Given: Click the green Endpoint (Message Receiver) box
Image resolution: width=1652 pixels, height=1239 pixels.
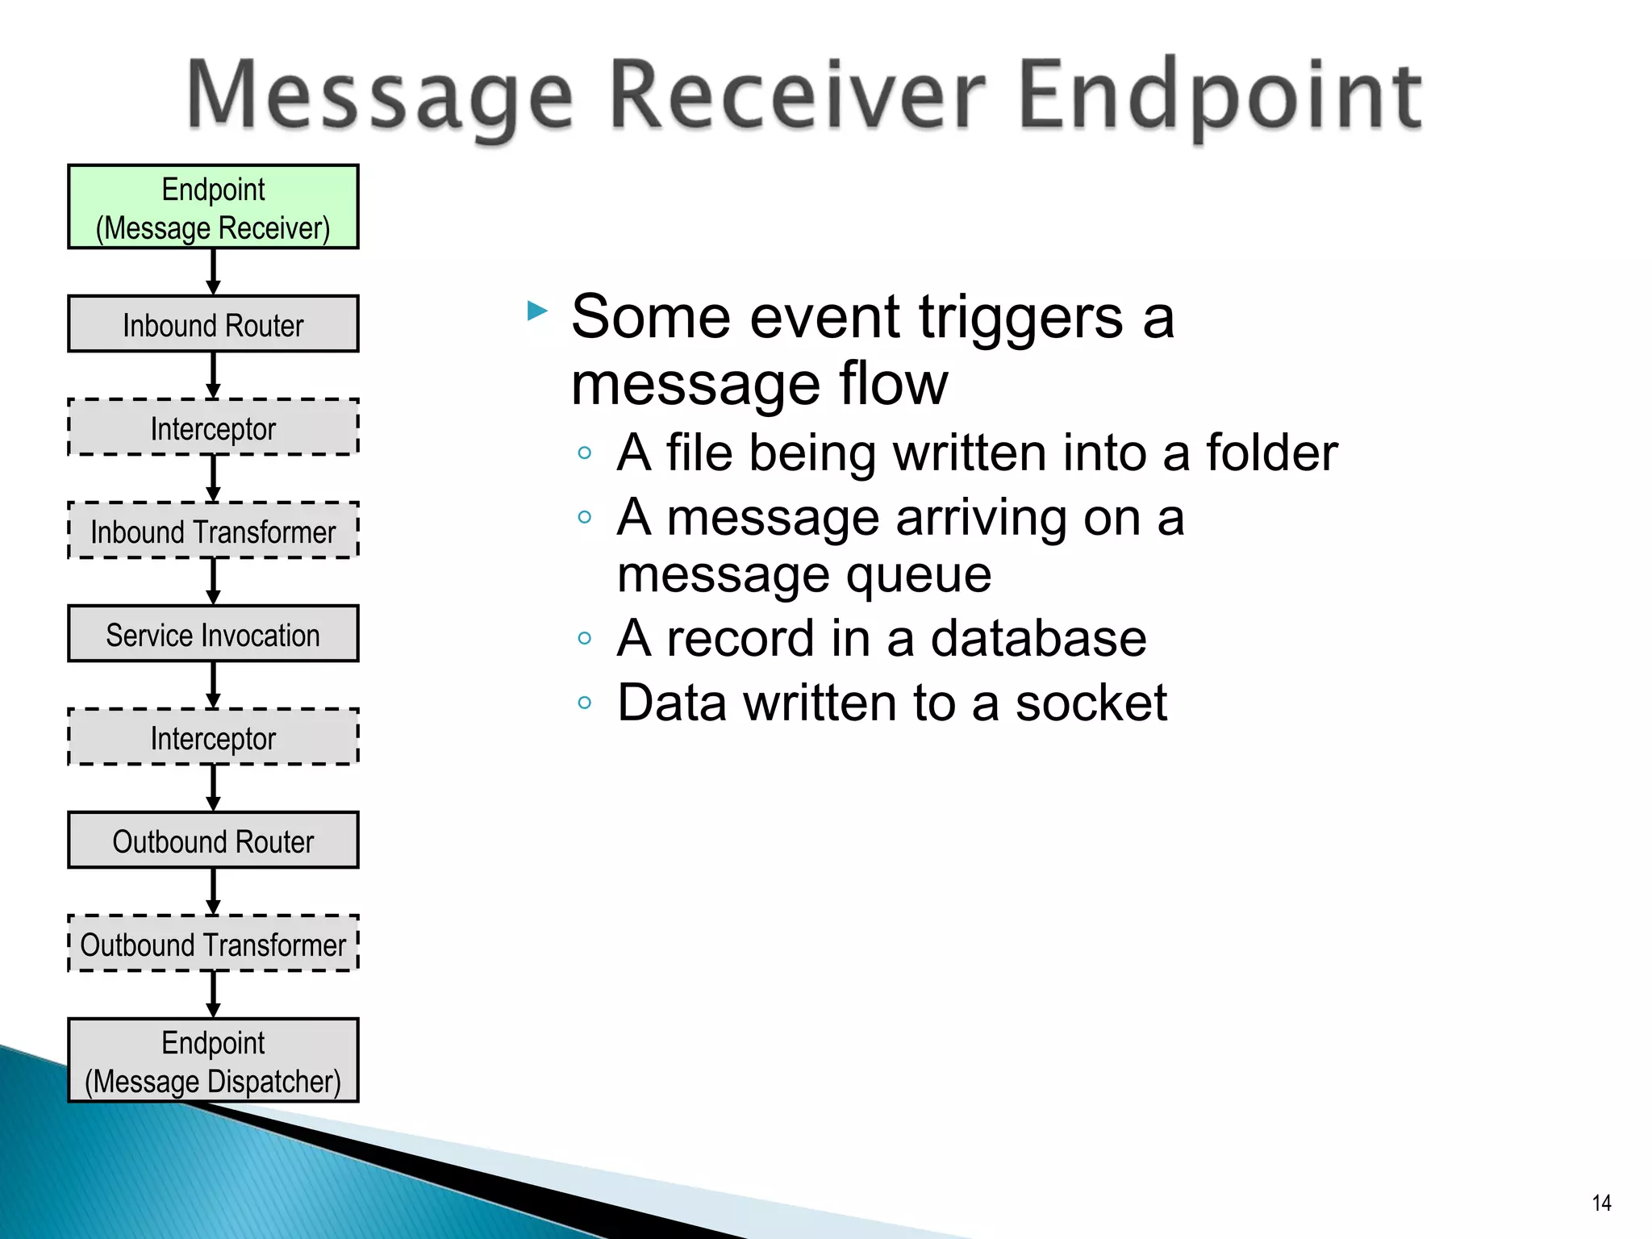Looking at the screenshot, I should point(213,207).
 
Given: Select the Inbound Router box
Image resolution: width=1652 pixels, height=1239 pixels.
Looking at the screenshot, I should point(213,324).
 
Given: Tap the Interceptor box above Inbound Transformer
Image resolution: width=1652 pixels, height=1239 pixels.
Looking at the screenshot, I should point(213,428).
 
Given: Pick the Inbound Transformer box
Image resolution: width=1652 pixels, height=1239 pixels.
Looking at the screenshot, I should point(213,531).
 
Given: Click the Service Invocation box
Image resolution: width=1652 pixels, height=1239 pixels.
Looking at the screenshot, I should point(213,634).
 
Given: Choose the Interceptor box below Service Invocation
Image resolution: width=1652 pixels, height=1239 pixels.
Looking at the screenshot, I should point(213,737).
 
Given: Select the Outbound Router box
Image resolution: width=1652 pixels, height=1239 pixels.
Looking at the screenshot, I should point(213,841).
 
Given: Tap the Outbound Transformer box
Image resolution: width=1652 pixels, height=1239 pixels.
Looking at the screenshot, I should point(213,944).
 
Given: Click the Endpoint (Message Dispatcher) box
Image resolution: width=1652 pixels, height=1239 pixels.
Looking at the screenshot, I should point(213,1061).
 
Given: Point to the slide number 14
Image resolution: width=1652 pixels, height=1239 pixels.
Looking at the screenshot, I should point(1601,1203).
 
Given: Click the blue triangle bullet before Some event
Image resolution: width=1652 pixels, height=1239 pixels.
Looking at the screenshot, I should point(536,311).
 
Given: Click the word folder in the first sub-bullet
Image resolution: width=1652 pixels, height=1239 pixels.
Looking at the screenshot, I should point(1272,453).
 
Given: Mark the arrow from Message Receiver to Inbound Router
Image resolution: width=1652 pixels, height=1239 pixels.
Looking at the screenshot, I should point(213,272).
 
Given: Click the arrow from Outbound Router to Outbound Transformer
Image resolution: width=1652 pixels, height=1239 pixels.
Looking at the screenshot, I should point(213,891).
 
